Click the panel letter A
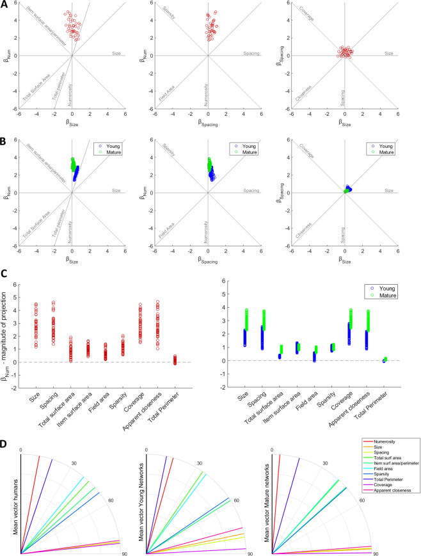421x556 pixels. coord(4,5)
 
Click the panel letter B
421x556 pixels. coord(4,136)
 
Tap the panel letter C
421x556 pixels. coord(4,271)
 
